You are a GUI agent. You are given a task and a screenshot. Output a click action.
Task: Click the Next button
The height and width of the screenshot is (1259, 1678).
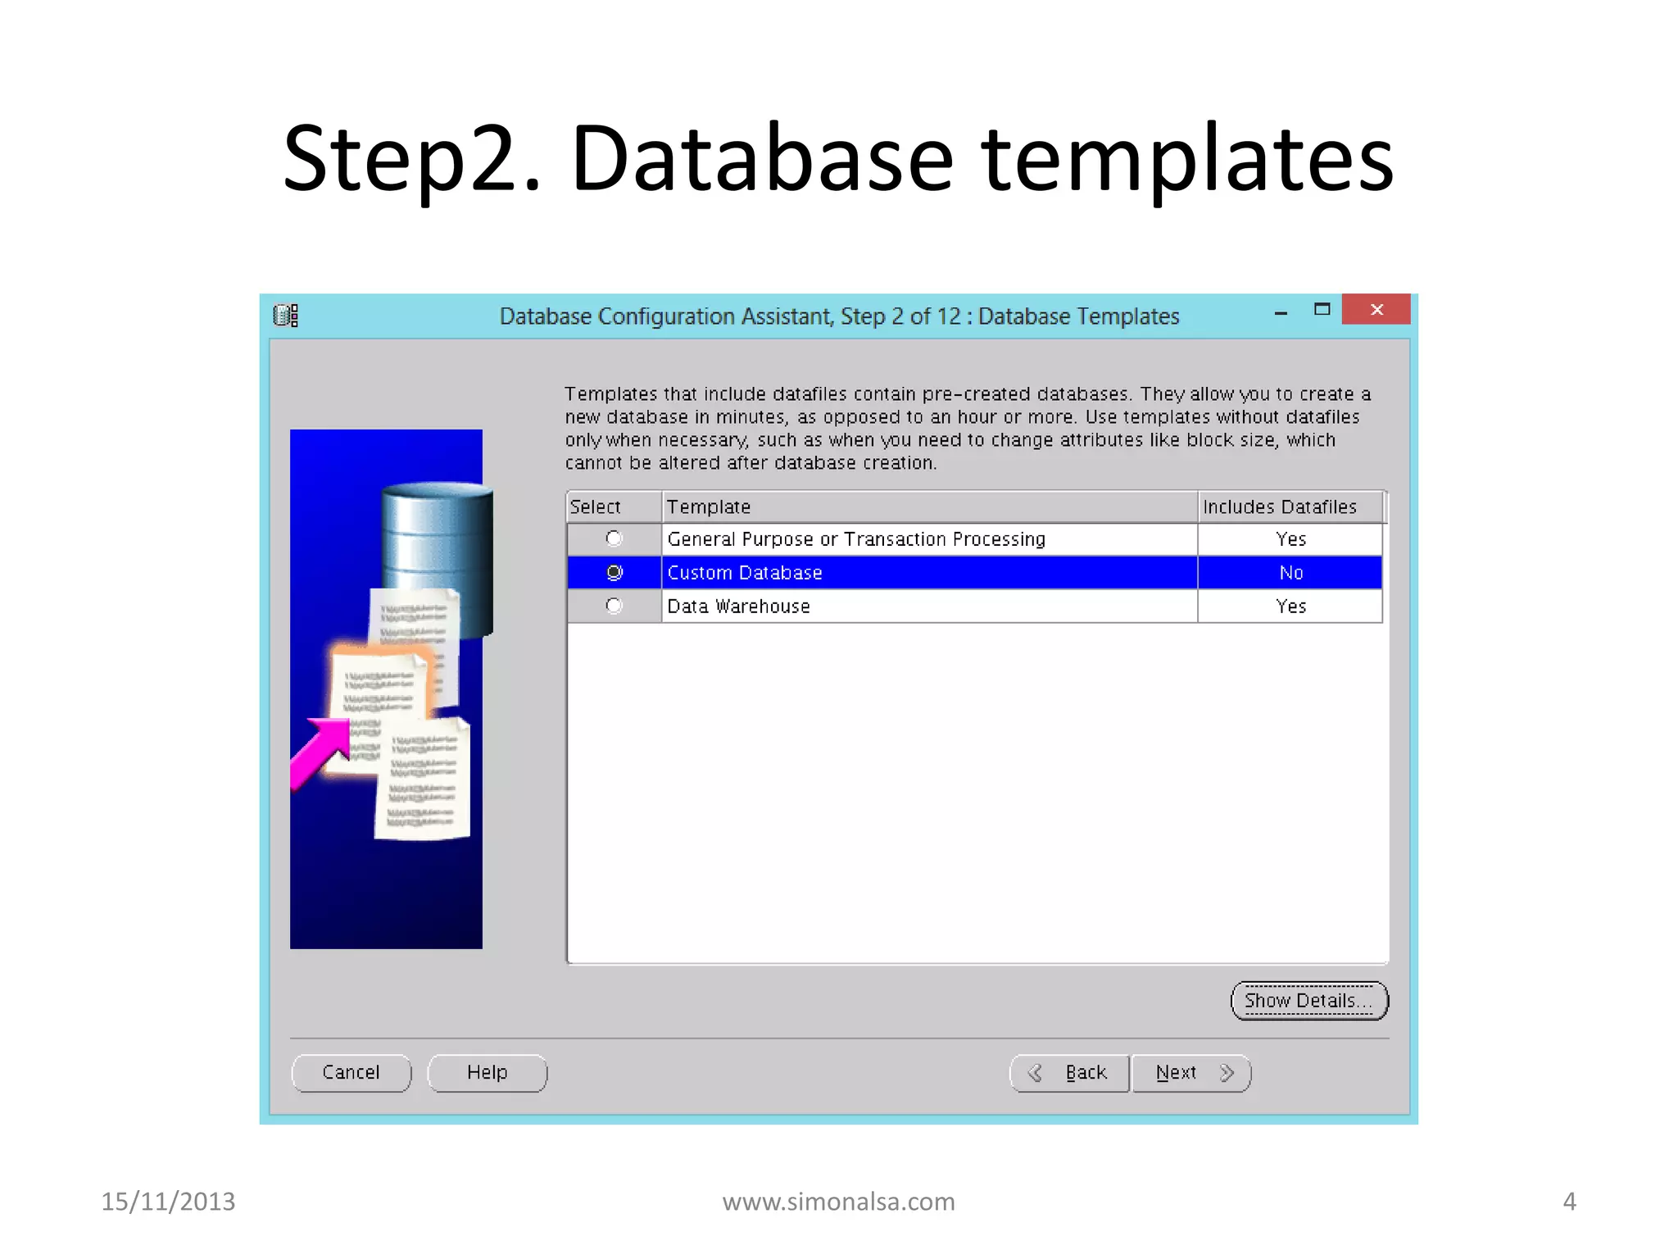1191,1073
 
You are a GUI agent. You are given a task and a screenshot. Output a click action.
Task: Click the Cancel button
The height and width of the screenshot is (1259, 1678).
351,1073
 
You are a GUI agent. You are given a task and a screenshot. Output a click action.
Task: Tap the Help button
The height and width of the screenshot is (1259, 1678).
487,1073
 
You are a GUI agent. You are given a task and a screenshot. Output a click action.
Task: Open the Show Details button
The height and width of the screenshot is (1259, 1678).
1308,1001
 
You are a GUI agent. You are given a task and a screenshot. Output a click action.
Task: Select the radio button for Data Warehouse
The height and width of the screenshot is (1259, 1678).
614,606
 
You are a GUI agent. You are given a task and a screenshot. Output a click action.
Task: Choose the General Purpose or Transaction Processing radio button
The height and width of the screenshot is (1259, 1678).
614,539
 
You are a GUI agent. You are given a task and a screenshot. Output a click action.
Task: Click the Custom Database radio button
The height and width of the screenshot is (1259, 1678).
614,572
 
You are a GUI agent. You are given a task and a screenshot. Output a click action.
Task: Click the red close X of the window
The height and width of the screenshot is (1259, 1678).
1376,310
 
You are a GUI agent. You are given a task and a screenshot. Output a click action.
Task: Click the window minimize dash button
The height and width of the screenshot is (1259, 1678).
1281,312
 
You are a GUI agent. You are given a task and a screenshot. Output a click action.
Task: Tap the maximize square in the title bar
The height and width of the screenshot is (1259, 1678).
1322,310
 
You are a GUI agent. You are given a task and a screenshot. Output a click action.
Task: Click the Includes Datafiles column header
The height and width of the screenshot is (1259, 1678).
1280,507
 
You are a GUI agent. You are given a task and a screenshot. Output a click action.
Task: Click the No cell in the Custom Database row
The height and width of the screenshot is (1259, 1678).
1290,572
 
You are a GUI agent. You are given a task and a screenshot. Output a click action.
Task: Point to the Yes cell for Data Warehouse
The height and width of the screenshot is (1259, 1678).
1290,606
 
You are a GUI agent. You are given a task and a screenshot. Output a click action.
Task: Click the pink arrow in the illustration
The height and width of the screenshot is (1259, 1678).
322,749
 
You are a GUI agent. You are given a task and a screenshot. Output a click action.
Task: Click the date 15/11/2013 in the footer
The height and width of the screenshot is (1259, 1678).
168,1202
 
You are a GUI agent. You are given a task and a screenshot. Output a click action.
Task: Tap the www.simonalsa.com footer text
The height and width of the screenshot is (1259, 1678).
838,1202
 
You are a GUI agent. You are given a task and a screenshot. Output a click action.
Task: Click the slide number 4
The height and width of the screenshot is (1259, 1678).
1569,1202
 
